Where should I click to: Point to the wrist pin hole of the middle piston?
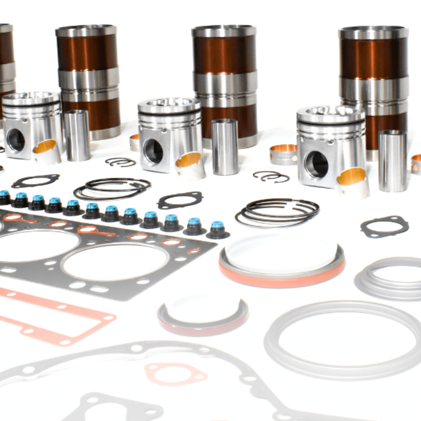pyautogui.click(x=153, y=152)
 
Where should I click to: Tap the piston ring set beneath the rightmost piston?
pyautogui.click(x=277, y=213)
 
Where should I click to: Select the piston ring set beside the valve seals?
pyautogui.click(x=112, y=189)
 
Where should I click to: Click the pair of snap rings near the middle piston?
pyautogui.click(x=121, y=162)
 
